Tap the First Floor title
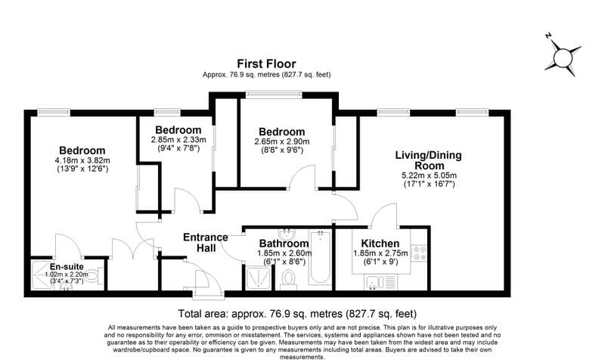(266, 64)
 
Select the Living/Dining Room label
(427, 160)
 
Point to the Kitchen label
(380, 244)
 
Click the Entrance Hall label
(206, 242)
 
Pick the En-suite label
(67, 267)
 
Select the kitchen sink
(372, 282)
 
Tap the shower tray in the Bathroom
(258, 278)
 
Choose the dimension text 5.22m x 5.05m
(428, 175)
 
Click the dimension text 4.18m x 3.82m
(82, 160)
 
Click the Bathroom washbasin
(287, 233)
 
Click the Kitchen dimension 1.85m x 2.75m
(380, 253)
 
